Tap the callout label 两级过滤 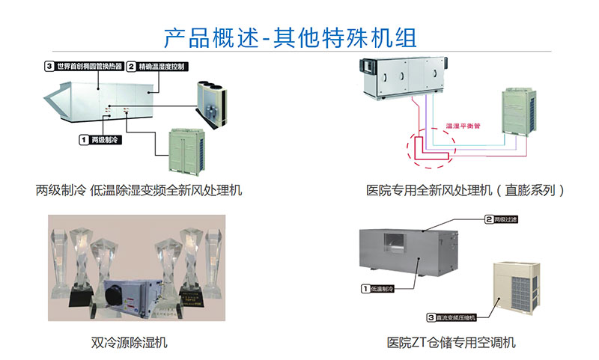(511, 219)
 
